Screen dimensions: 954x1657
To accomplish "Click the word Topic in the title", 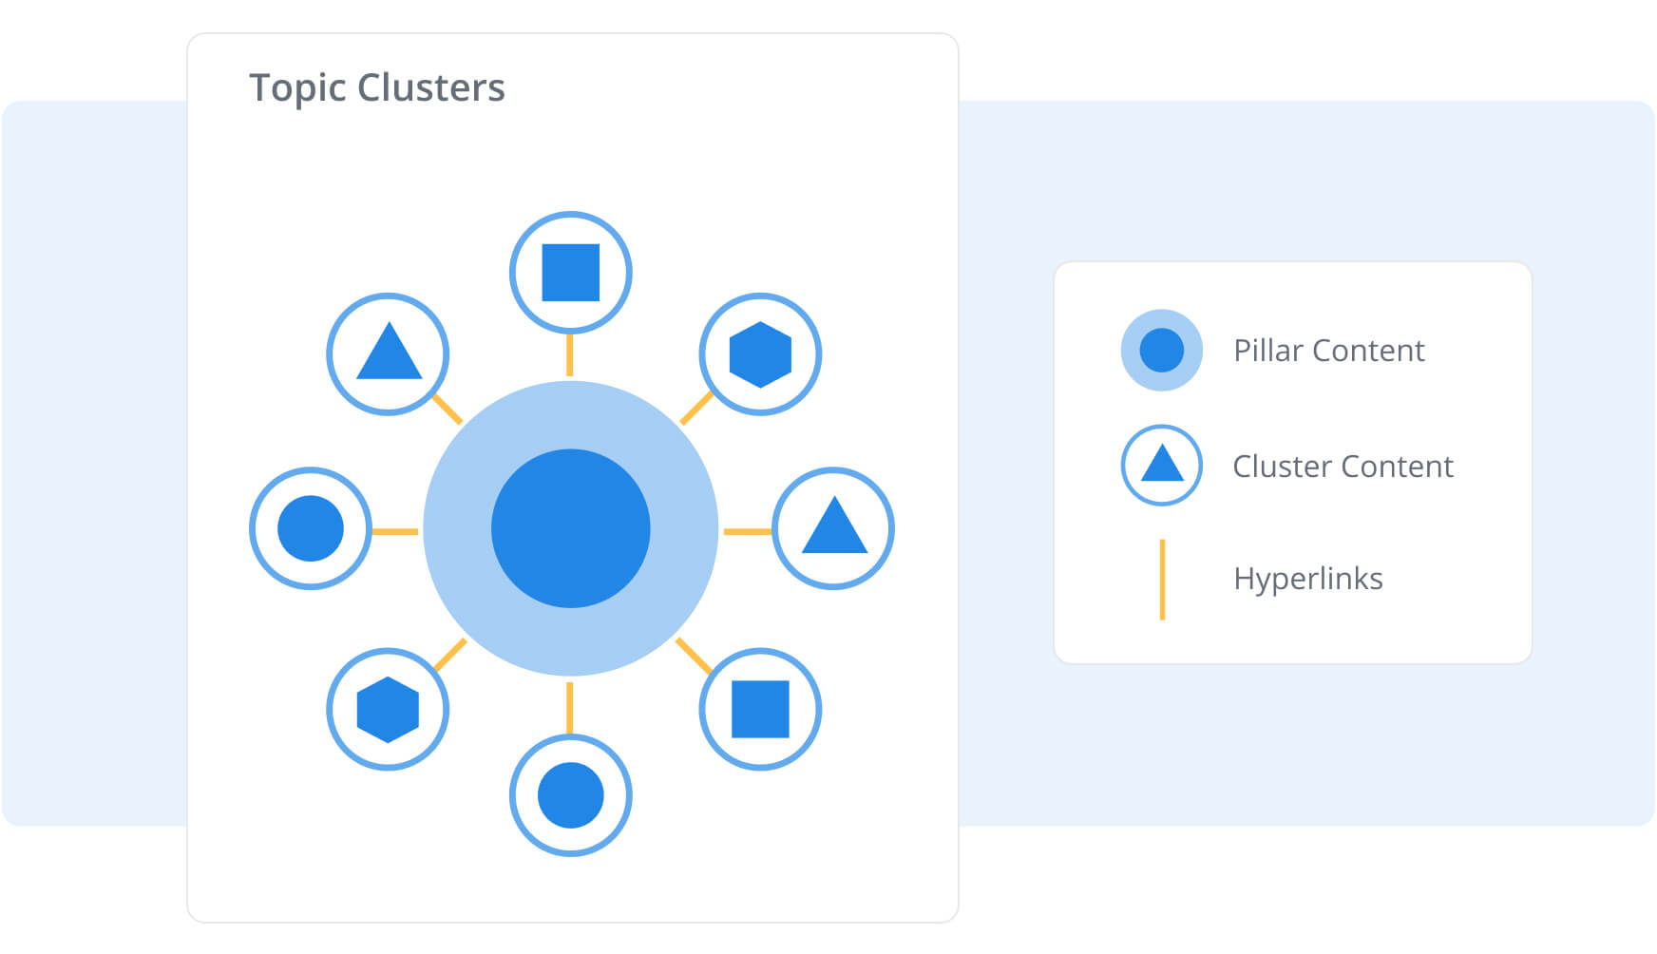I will click(x=297, y=88).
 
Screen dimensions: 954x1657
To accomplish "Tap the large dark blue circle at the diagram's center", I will click(x=570, y=528).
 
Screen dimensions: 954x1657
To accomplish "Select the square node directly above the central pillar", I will click(x=570, y=273).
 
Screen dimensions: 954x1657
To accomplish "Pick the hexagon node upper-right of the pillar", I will click(x=760, y=354).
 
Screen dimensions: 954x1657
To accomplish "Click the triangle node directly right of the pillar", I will click(x=833, y=528).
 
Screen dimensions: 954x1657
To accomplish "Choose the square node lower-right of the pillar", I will click(x=760, y=709).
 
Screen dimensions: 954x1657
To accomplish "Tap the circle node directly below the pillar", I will click(x=570, y=795).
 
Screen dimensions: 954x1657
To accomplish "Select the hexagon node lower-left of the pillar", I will click(x=388, y=709).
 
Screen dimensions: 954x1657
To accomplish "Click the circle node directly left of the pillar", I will click(x=311, y=528).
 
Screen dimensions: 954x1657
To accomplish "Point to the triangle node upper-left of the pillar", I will click(x=388, y=354).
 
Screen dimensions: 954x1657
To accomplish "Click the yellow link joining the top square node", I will click(x=570, y=354).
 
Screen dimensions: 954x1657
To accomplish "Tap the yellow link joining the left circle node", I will click(x=394, y=531).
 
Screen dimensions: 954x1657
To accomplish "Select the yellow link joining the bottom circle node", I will click(x=570, y=708).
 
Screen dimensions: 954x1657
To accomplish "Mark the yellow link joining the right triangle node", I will click(x=748, y=531).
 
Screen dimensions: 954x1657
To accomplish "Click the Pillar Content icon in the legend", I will click(x=1161, y=350).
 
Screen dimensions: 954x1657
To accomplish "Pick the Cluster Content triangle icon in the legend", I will click(x=1161, y=466).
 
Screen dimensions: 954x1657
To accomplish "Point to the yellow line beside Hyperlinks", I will click(x=1162, y=580).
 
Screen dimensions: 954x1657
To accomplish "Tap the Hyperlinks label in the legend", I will click(x=1307, y=579).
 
